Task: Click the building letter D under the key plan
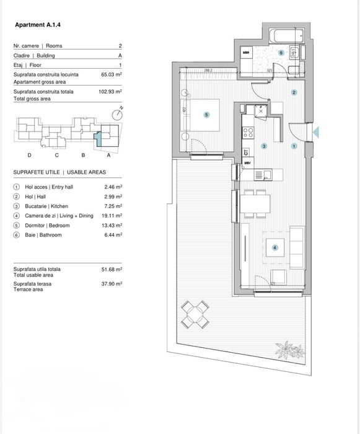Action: [x=29, y=155]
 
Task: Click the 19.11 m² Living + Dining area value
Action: [x=113, y=216]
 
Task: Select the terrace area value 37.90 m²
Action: [x=113, y=283]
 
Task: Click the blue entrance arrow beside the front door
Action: [x=315, y=131]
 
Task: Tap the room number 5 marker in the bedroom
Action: [x=207, y=115]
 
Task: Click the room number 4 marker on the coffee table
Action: [x=276, y=247]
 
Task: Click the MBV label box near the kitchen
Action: [x=247, y=163]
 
